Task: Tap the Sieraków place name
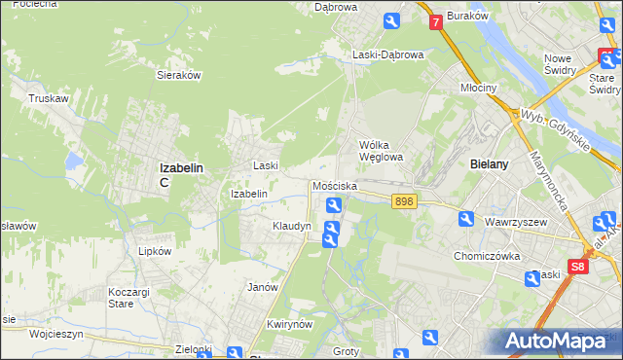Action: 178,74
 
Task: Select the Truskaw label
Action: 47,98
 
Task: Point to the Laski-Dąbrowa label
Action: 388,55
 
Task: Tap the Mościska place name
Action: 335,186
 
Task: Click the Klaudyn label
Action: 292,226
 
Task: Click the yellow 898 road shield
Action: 405,201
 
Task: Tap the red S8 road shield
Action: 579,266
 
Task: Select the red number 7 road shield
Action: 435,20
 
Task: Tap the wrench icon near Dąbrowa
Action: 390,20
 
